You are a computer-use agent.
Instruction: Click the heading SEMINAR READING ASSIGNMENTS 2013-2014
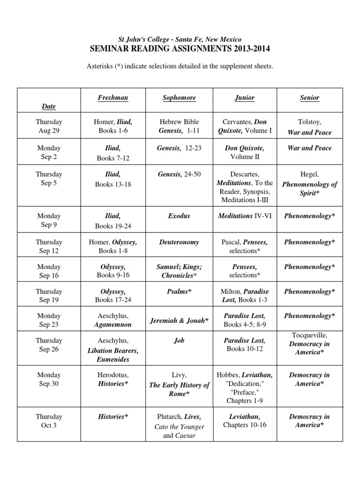(180, 49)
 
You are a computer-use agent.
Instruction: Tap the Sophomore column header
(179, 97)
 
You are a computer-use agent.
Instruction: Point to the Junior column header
(245, 97)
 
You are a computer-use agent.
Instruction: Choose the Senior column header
(309, 97)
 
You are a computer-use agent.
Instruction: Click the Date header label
(49, 106)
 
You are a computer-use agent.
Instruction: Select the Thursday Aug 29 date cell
(49, 126)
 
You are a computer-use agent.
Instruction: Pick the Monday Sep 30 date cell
(49, 379)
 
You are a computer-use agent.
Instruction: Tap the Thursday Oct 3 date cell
(49, 420)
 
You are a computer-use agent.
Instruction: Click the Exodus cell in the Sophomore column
(179, 216)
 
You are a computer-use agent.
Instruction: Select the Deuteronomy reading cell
(179, 242)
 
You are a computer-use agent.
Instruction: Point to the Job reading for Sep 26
(179, 340)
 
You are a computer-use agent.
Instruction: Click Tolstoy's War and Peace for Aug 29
(309, 127)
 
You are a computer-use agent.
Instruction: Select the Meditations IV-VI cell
(245, 216)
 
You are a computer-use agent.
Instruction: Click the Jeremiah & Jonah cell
(179, 321)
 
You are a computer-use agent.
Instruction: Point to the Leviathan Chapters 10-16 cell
(245, 420)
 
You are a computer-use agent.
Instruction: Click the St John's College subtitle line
(180, 39)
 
